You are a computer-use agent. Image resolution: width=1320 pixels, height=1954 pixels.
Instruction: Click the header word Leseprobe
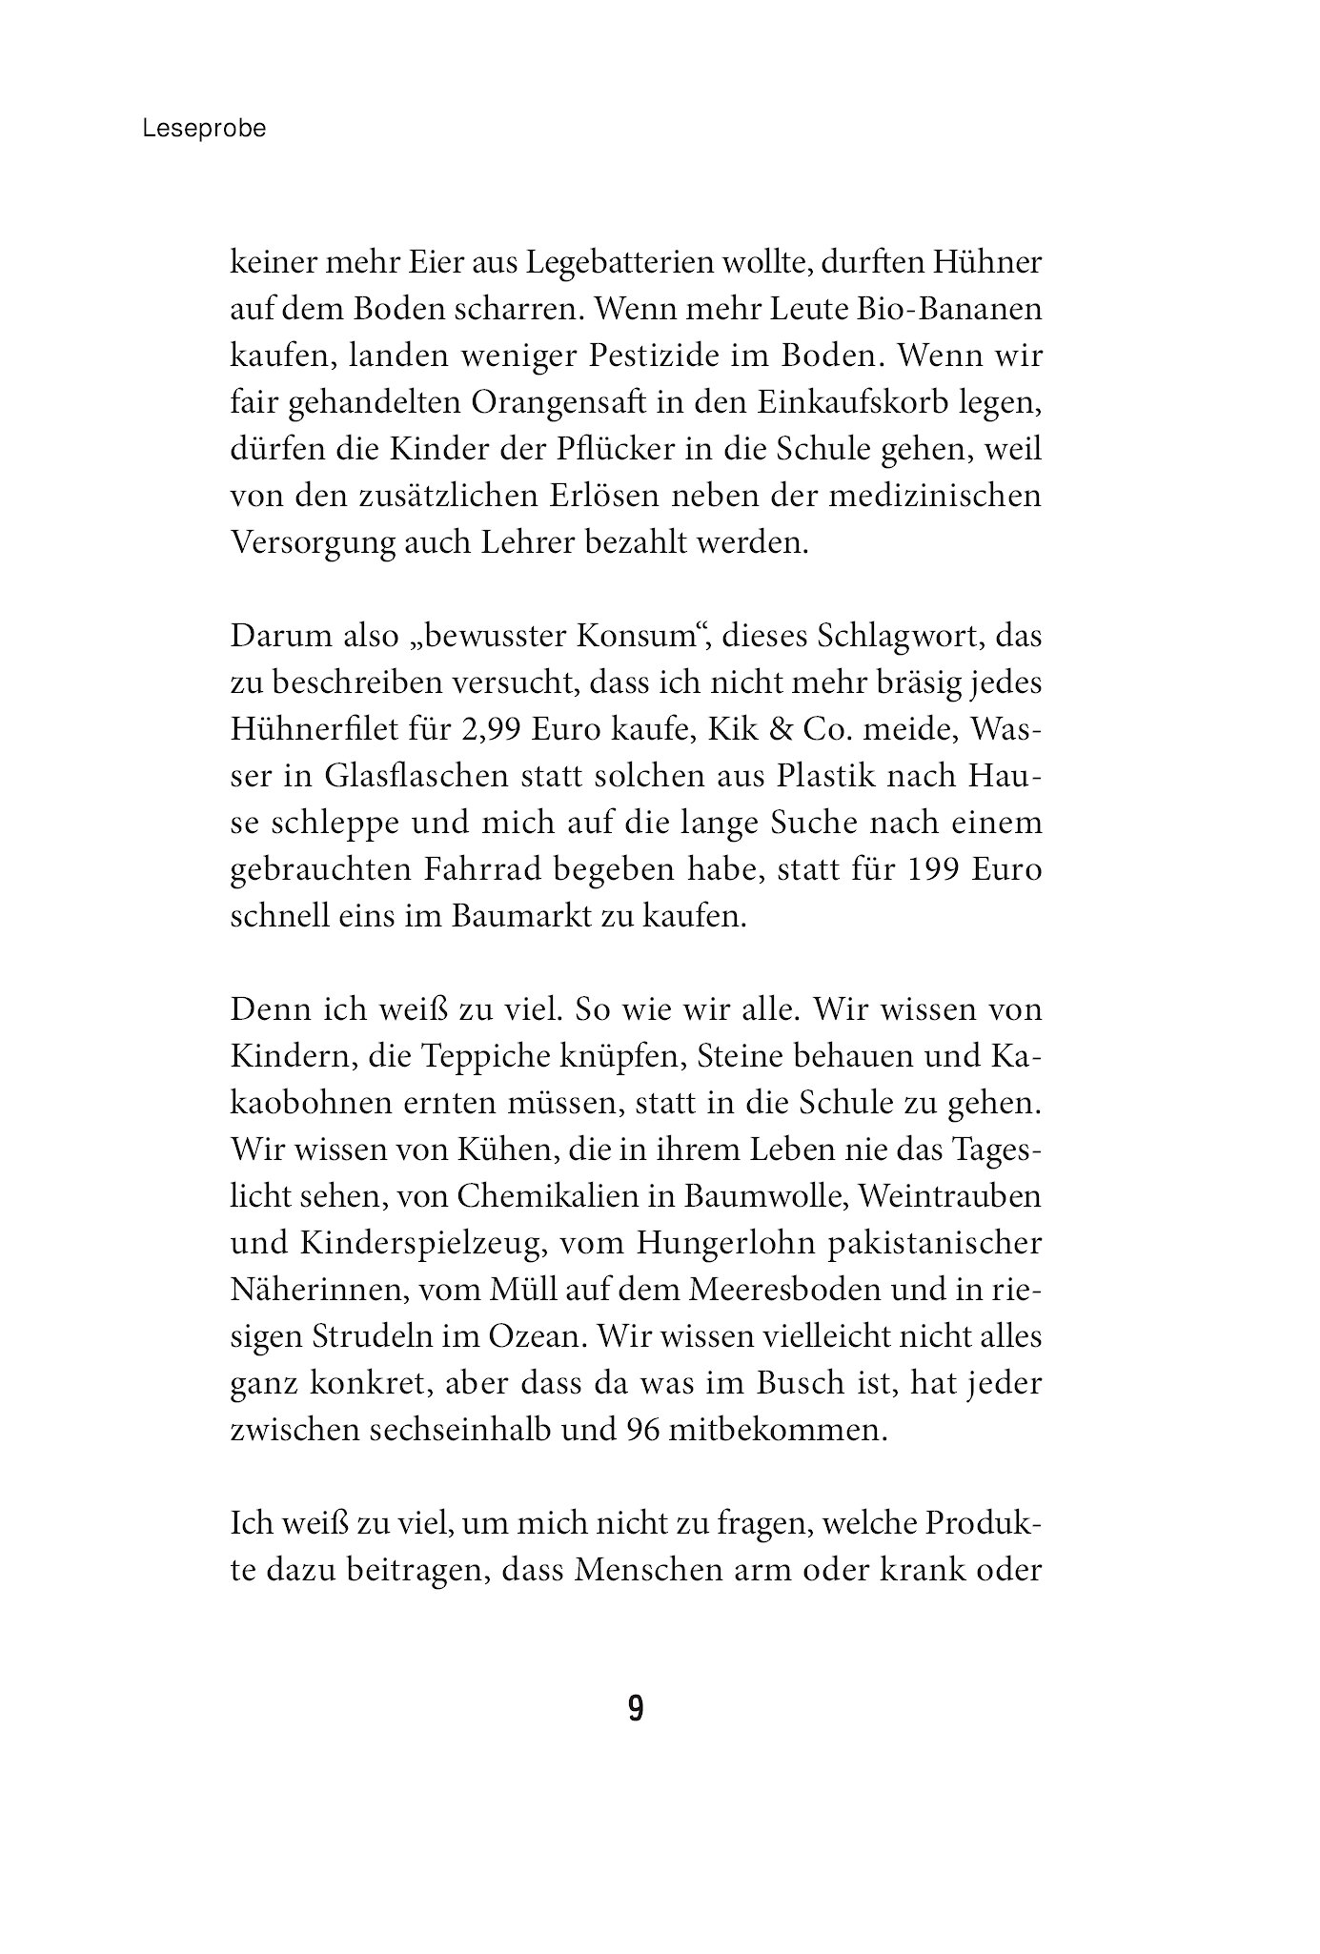pos(204,129)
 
